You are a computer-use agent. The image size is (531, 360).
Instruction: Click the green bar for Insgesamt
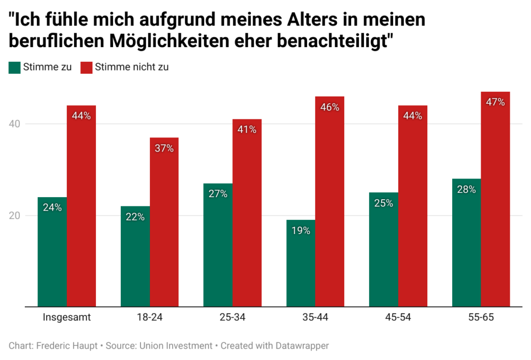point(52,252)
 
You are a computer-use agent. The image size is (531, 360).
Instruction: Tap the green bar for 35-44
point(301,263)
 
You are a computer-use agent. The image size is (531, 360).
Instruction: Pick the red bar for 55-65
point(495,199)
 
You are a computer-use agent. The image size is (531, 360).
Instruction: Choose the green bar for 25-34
point(218,245)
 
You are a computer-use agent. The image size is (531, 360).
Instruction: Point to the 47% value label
point(495,102)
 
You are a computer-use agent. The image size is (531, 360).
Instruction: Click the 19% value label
point(301,231)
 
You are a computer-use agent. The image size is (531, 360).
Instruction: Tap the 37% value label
point(164,148)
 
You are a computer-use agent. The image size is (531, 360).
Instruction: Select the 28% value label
point(466,189)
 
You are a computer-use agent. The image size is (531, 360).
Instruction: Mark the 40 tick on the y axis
point(16,124)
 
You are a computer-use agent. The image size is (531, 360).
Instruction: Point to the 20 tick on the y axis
point(16,216)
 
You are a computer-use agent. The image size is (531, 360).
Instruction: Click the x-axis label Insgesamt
point(67,318)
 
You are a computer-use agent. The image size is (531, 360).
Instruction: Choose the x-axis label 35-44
point(315,318)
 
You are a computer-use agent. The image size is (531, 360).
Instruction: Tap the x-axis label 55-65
point(481,318)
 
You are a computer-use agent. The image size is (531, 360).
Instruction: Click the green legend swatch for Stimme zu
point(14,67)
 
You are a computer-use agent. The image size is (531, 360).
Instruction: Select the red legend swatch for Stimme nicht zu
point(86,67)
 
